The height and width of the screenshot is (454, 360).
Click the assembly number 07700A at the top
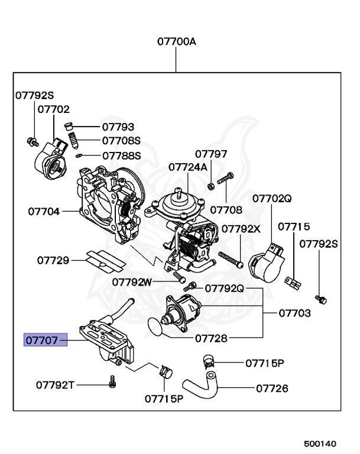176,42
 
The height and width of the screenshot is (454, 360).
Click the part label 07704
43,210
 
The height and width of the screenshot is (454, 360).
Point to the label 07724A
188,167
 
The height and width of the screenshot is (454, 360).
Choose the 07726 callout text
272,388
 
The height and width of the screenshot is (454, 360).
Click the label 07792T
55,385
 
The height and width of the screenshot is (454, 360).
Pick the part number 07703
294,313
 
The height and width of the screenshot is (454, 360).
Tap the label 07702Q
272,199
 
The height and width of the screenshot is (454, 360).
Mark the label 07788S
121,156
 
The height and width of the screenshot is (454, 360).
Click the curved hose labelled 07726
200,387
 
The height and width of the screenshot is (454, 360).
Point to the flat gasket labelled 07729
104,259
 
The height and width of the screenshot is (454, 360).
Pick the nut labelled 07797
211,187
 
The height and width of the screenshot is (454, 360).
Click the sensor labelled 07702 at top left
52,161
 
